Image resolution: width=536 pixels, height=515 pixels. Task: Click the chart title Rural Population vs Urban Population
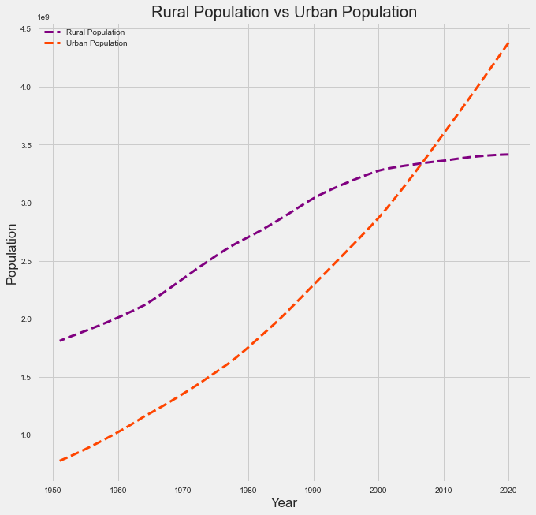(x=284, y=13)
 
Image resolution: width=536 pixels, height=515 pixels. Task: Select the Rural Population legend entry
(x=95, y=32)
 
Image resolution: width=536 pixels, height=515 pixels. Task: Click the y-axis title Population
(x=12, y=254)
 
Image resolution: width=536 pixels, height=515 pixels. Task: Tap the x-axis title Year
(x=284, y=502)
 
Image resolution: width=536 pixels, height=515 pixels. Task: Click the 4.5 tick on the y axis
(x=25, y=29)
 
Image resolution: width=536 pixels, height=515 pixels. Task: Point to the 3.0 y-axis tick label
(x=25, y=203)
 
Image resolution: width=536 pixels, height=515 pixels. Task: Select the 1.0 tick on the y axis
(x=25, y=435)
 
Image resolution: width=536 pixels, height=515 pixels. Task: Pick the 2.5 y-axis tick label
(x=25, y=261)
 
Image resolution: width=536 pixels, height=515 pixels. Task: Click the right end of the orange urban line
(x=509, y=42)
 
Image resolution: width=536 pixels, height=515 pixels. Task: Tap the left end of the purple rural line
(x=60, y=341)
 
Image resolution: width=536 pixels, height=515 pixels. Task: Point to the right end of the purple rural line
(x=509, y=155)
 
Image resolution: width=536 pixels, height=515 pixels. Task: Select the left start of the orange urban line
(x=60, y=461)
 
